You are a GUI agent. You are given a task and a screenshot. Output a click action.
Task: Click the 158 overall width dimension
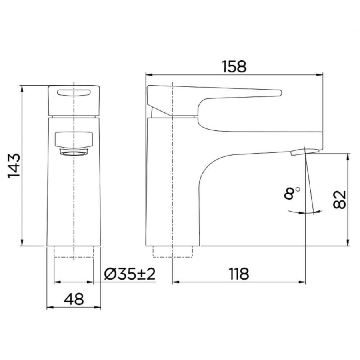pos(234,67)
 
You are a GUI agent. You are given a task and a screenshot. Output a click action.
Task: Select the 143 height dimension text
pos(14,166)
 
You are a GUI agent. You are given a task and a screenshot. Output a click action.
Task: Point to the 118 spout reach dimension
pos(239,274)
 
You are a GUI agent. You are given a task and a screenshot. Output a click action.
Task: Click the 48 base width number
pos(74,299)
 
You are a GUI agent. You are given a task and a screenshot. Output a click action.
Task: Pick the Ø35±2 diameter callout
pos(130,274)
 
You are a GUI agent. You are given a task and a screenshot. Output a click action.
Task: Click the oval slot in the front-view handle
pos(74,92)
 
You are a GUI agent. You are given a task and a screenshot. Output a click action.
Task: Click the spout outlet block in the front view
pos(74,139)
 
